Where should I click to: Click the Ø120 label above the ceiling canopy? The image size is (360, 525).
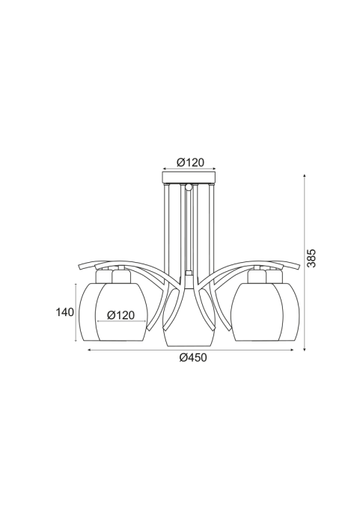point(190,163)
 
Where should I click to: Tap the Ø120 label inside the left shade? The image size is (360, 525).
point(120,315)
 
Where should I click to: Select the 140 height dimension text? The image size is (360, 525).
point(64,312)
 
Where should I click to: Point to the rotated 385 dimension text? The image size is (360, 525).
point(311,258)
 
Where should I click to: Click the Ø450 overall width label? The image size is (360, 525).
point(193,357)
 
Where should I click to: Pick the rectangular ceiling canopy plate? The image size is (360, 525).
point(189,177)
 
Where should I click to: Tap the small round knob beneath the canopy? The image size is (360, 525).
point(189,186)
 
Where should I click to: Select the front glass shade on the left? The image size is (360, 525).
point(121,312)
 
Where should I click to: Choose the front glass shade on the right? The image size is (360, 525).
point(257,312)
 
